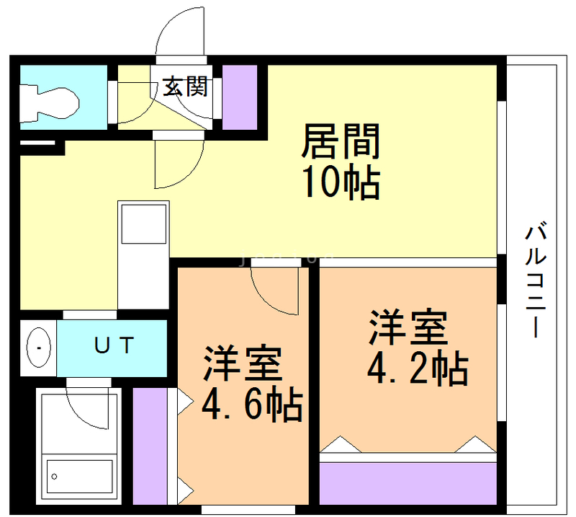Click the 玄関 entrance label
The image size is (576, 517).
tap(186, 87)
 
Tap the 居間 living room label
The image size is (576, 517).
tap(341, 141)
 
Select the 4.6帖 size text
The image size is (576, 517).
tap(253, 404)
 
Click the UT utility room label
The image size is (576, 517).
tap(114, 345)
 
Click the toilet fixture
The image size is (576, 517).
tap(49, 102)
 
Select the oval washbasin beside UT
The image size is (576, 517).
tap(39, 348)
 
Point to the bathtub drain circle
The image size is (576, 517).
tap(55, 477)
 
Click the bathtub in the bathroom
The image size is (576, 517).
tap(79, 476)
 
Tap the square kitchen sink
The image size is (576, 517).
tap(143, 224)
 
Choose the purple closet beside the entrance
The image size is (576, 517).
tap(240, 97)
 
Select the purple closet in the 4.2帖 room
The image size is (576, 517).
tap(408, 484)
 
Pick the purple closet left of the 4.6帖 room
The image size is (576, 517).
tap(150, 446)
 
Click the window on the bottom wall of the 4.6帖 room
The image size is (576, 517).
tap(248, 510)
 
